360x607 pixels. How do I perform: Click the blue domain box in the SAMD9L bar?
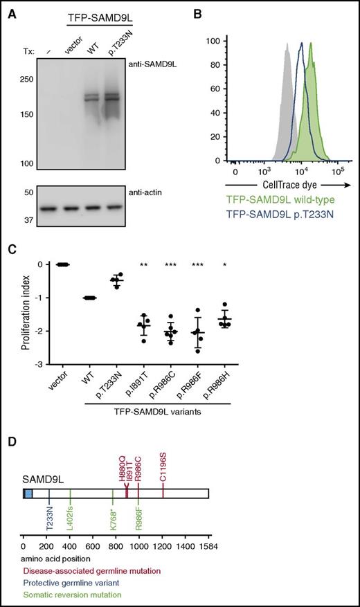point(28,494)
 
